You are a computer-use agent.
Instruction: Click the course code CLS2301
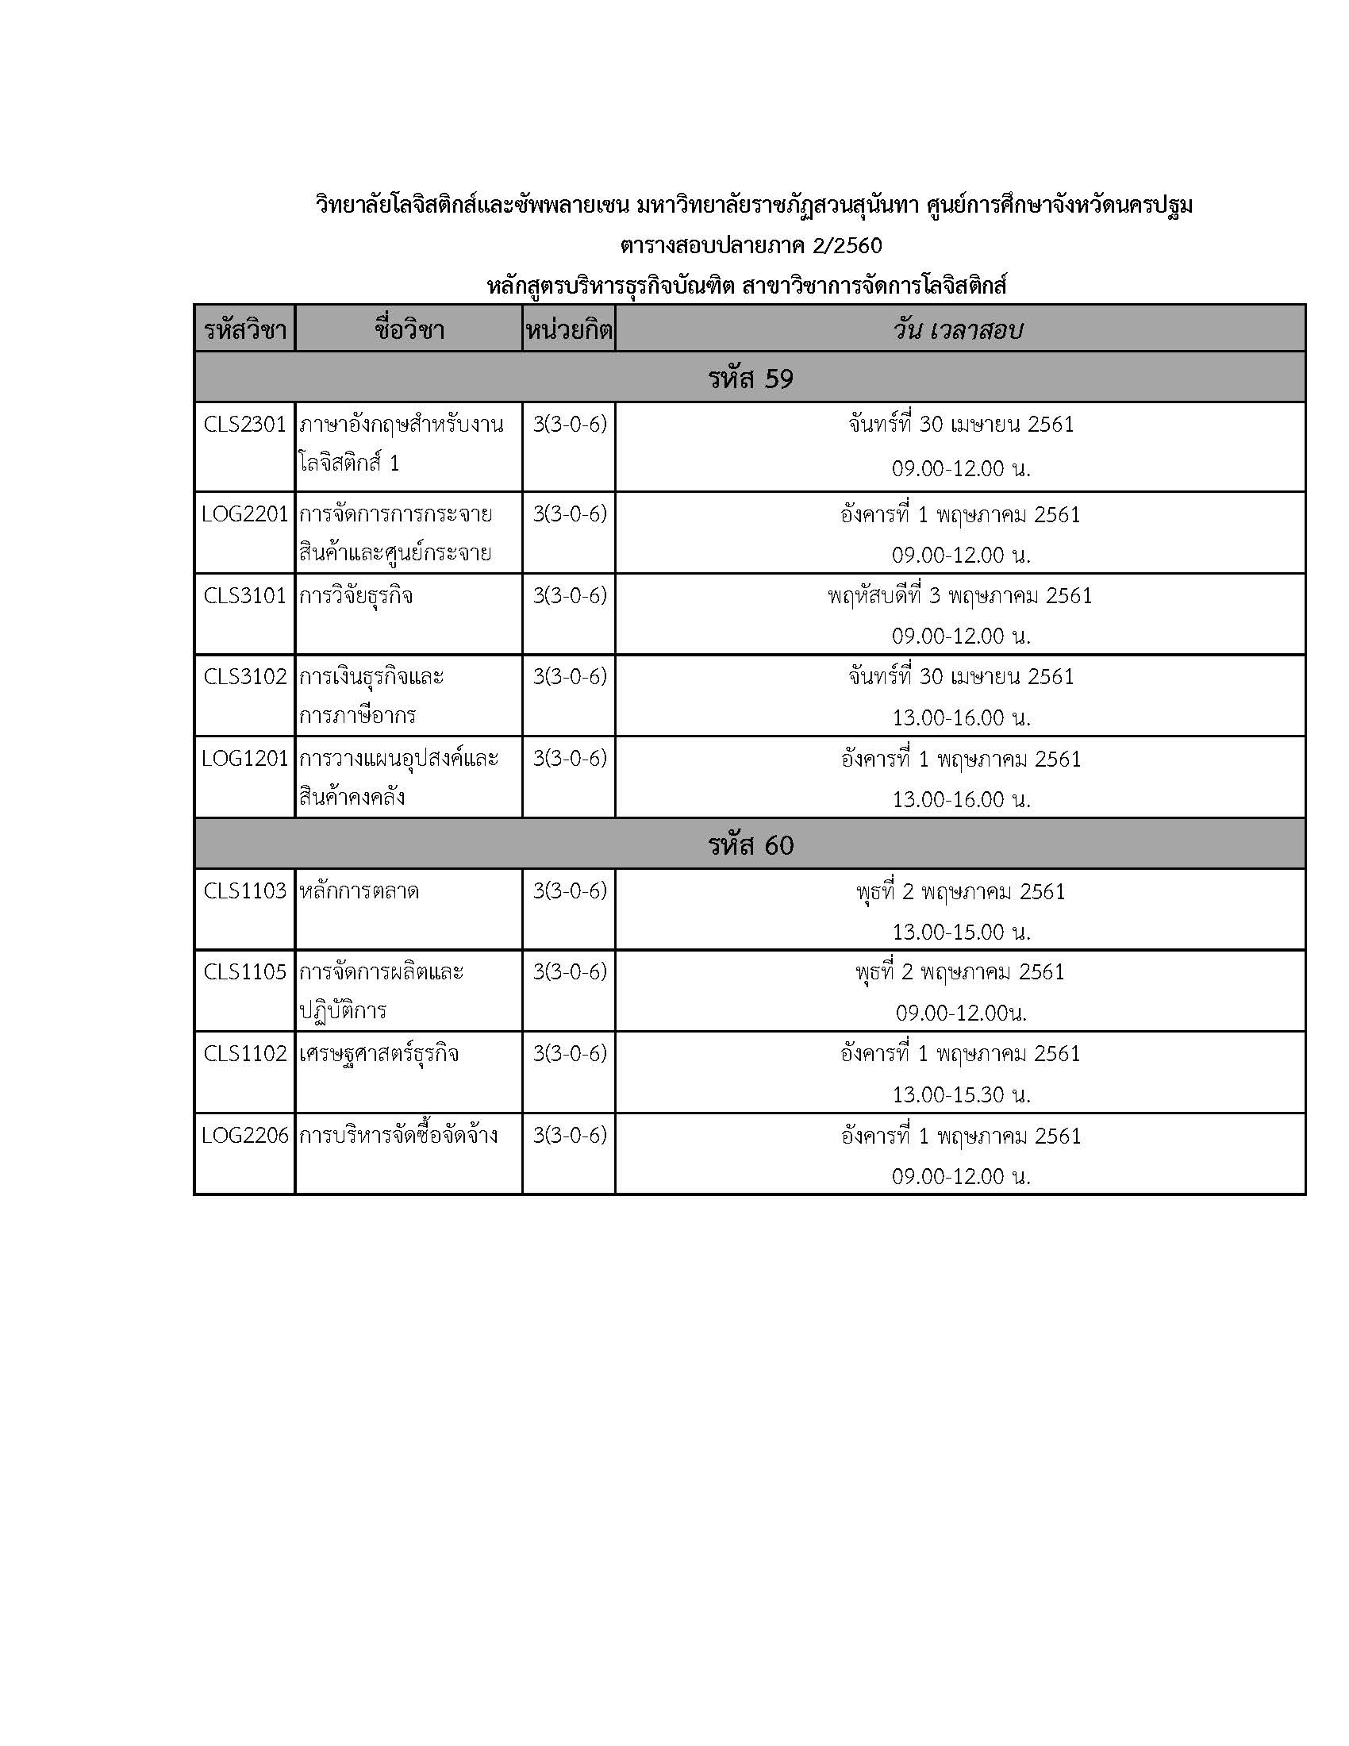coord(244,424)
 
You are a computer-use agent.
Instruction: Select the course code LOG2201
coord(244,514)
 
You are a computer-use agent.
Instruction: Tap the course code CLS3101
coord(244,595)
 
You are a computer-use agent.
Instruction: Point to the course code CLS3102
coord(244,676)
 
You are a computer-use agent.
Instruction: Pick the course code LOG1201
coord(244,758)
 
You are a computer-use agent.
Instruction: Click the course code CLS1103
coord(244,890)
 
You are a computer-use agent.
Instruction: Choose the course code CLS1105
coord(244,971)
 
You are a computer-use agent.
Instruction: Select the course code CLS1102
coord(244,1053)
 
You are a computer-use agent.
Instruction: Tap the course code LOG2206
coord(244,1135)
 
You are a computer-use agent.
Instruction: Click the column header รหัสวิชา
coord(244,329)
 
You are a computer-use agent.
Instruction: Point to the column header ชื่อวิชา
coord(409,329)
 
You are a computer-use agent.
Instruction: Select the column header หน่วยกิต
coord(569,329)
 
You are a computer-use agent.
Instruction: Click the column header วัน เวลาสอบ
coord(959,329)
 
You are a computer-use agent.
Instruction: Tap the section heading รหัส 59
coord(750,378)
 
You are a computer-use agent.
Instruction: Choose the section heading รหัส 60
coord(750,845)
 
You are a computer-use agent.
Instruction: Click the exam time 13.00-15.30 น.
coord(961,1094)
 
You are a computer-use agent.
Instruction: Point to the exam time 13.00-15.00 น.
coord(961,932)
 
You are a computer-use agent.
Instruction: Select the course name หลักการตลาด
coord(359,890)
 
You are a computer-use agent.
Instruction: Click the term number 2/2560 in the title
coord(847,244)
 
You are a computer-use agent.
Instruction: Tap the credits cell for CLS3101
coord(570,595)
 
